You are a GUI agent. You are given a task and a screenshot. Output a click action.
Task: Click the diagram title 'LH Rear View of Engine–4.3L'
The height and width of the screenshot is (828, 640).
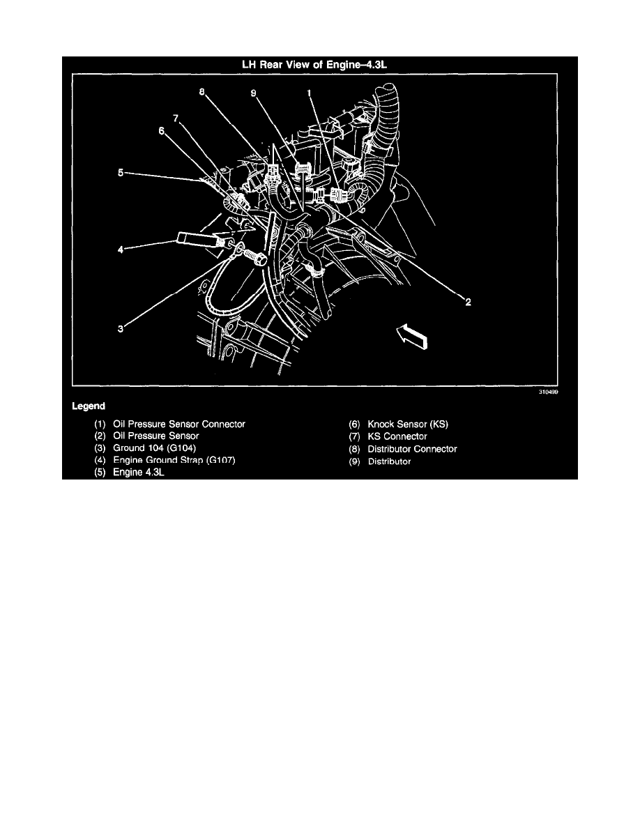[319, 66]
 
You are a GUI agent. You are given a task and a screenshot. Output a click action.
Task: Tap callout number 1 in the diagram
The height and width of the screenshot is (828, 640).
[310, 92]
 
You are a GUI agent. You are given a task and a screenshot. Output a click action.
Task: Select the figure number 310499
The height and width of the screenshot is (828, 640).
[548, 392]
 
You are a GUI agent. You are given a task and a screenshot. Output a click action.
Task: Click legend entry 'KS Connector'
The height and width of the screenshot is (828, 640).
[397, 436]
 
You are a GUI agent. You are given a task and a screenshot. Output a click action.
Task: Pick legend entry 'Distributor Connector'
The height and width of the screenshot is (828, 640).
[412, 448]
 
